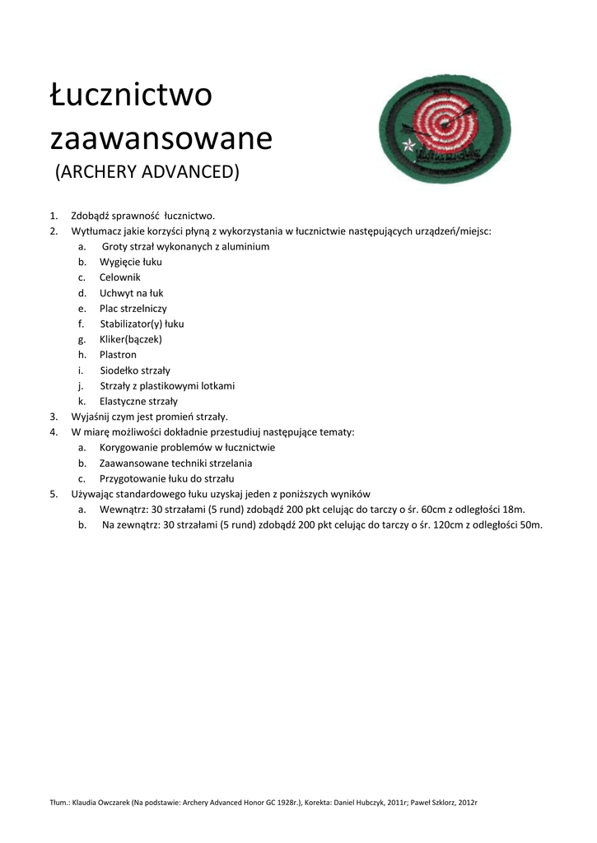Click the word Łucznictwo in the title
[x=131, y=95]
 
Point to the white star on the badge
[x=408, y=147]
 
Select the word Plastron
[x=118, y=355]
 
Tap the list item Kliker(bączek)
[x=131, y=339]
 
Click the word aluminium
[x=243, y=246]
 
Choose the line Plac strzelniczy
[x=133, y=308]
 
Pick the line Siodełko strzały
[x=135, y=370]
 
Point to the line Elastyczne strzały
[x=138, y=402]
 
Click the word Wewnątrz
[x=124, y=510]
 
